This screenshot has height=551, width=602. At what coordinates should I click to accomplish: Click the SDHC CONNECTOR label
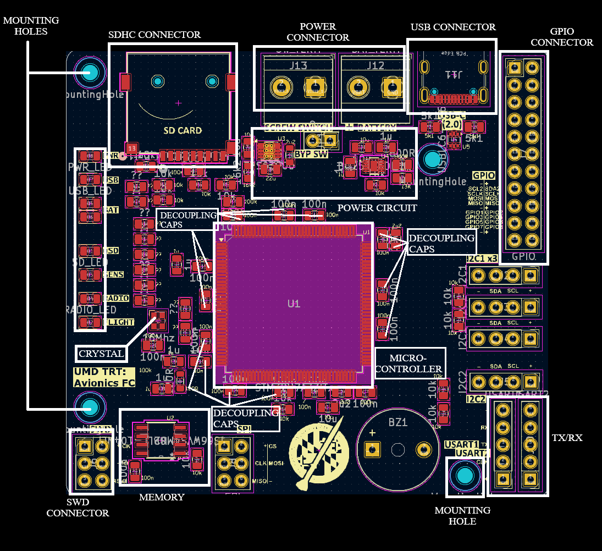[154, 35]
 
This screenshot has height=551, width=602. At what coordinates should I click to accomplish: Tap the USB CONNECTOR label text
[453, 27]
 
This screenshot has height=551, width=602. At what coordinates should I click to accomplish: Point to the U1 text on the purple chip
[294, 304]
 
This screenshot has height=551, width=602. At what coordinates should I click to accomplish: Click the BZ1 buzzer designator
[398, 422]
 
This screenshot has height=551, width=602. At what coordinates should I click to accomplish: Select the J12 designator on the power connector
[375, 66]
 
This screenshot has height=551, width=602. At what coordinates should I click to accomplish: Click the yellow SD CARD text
[183, 130]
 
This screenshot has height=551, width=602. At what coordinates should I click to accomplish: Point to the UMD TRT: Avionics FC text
[104, 377]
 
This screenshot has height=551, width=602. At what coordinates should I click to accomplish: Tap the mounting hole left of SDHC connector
[90, 72]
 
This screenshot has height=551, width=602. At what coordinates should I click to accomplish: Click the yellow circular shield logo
[319, 450]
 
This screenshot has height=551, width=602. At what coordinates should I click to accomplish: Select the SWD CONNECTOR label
[78, 507]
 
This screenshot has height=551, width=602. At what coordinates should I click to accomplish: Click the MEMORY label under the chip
[162, 497]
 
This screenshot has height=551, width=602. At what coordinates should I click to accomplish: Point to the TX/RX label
[567, 438]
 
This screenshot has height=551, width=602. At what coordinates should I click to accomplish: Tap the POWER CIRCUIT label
[377, 208]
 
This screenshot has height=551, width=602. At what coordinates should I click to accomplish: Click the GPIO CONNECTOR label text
[561, 37]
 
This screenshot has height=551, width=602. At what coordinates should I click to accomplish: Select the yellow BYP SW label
[311, 154]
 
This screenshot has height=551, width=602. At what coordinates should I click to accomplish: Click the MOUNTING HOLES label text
[31, 26]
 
